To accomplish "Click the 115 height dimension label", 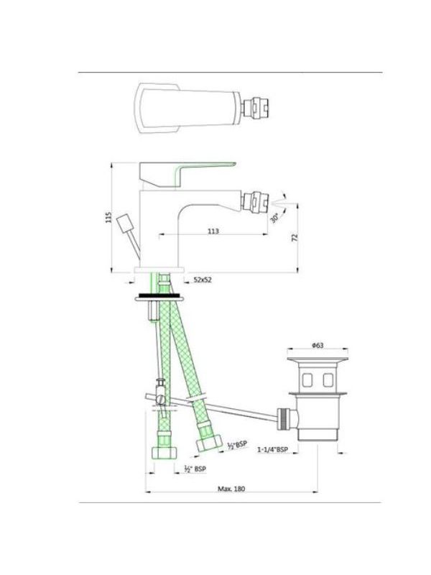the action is click(108, 218).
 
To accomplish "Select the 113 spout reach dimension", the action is click(213, 231).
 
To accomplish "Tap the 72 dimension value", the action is click(295, 237).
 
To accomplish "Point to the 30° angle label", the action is click(275, 218).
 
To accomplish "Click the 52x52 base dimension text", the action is click(203, 280).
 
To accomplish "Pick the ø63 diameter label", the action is click(318, 345).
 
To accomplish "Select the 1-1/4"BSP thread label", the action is click(272, 450).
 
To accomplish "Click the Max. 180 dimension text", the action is click(231, 489).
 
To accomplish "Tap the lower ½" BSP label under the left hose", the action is click(195, 469).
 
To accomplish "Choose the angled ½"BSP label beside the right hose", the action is click(237, 445).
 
